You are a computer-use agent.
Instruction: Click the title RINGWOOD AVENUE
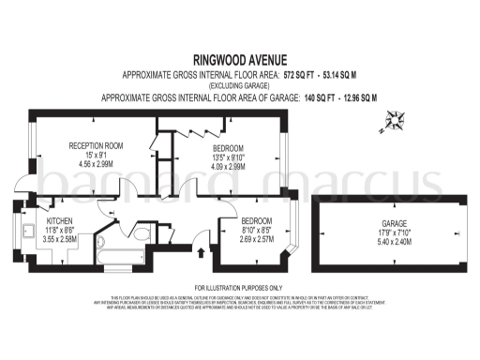(x=239, y=56)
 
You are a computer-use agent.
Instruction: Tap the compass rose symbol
(x=395, y=119)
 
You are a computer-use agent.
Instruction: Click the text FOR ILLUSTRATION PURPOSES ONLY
(x=239, y=287)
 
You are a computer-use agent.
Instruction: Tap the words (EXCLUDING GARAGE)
(x=239, y=84)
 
